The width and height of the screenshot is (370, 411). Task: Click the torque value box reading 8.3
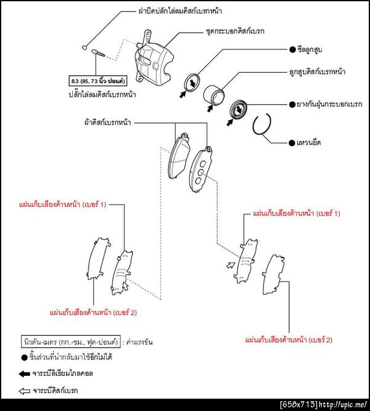97,81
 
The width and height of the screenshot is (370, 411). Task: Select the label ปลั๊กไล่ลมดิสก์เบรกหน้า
102,94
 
